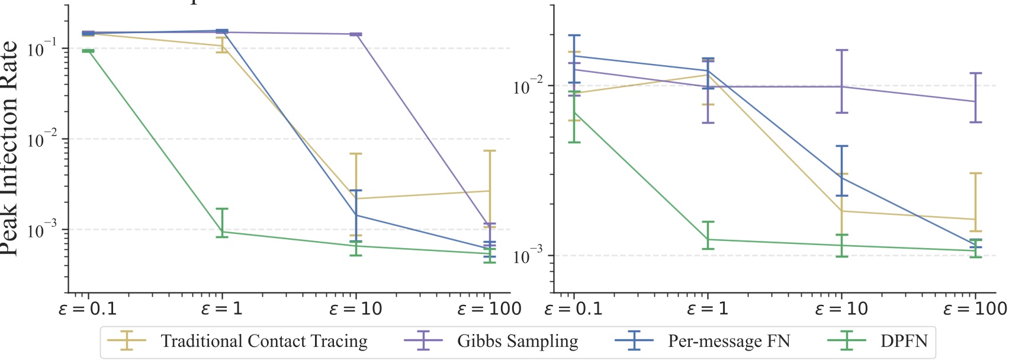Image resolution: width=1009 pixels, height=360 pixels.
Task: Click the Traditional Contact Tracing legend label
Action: (x=264, y=342)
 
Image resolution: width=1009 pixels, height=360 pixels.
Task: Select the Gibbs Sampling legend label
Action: (x=517, y=342)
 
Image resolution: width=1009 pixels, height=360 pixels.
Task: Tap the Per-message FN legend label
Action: (x=729, y=342)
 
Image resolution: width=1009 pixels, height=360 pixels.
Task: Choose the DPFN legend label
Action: (x=904, y=342)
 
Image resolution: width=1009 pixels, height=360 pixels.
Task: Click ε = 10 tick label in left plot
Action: (x=355, y=309)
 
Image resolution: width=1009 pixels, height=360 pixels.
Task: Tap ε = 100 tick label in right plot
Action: (x=975, y=309)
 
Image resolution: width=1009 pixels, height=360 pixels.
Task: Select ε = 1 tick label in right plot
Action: (x=707, y=309)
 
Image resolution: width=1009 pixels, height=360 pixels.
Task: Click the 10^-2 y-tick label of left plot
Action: (x=43, y=140)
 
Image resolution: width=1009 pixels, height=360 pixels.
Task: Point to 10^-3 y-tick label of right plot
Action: (x=528, y=256)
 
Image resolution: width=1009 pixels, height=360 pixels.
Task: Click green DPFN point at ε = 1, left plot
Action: (x=222, y=232)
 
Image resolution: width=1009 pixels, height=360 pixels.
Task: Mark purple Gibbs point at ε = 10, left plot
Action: (x=356, y=34)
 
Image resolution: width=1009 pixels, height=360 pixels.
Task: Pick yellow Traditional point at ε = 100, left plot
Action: (x=490, y=191)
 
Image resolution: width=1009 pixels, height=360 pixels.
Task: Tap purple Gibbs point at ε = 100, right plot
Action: (x=975, y=101)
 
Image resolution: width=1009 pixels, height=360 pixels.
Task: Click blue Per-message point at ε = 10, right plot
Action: (x=841, y=177)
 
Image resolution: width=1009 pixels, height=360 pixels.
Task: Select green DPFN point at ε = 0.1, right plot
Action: (x=574, y=112)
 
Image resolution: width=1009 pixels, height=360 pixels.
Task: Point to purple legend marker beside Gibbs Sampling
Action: (x=423, y=342)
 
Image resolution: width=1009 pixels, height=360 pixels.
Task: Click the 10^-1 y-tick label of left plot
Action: (x=43, y=49)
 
